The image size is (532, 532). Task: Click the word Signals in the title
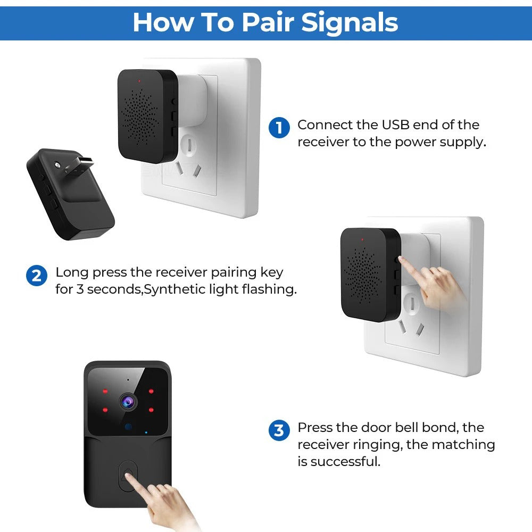350,22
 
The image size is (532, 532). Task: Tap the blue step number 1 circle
279,128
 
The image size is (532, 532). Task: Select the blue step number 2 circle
36,276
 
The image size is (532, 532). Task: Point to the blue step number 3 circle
279,430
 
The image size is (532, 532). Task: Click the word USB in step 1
396,125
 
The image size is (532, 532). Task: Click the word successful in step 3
346,461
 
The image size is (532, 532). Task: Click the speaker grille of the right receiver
364,275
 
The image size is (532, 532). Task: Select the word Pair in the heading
269,22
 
